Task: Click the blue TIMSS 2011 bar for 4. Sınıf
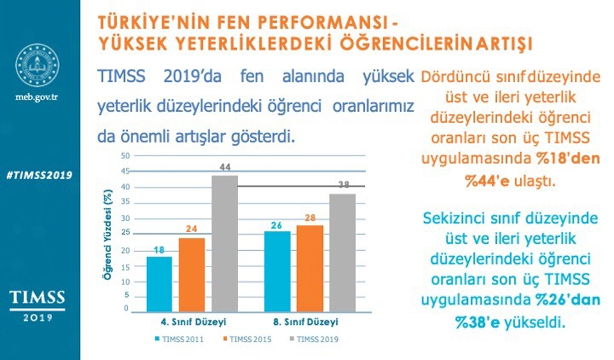point(159,283)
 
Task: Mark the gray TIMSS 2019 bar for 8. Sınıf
point(343,252)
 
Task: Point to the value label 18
point(159,250)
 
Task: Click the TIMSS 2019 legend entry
point(317,338)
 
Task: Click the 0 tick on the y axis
point(126,308)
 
